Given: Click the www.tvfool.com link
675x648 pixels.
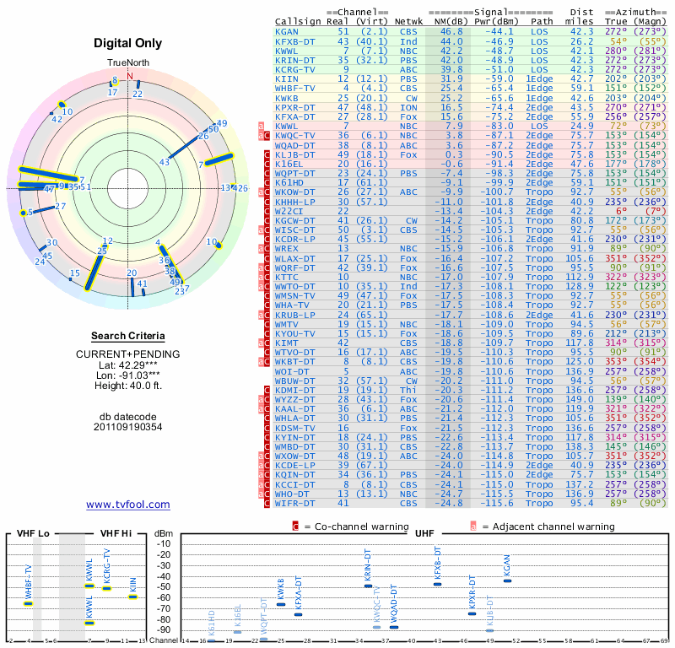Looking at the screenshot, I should coord(128,505).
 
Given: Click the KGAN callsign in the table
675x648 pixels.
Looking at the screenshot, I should coord(287,31).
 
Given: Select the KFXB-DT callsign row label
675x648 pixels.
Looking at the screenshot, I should coord(295,40).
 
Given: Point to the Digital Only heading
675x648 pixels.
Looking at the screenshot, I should coord(128,43).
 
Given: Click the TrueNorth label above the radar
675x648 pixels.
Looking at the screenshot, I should coord(128,63).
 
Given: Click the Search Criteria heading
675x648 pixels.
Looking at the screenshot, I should coord(128,336).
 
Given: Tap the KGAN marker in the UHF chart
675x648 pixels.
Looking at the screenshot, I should coord(507,580).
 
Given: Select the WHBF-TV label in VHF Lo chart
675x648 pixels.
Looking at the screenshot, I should coord(28,580).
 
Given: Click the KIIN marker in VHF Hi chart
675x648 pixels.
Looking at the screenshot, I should coord(133,596).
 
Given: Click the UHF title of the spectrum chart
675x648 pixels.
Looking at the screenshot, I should coord(426,533).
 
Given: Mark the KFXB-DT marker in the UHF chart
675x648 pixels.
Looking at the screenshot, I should coord(438,584).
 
